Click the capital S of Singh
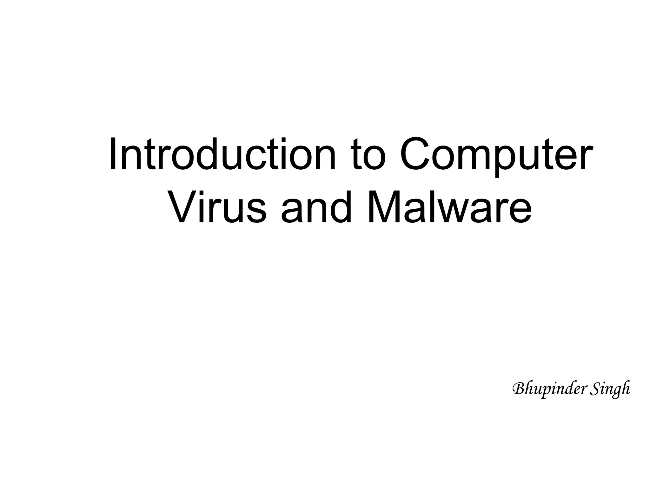click(596, 389)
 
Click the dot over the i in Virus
click(205, 193)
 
